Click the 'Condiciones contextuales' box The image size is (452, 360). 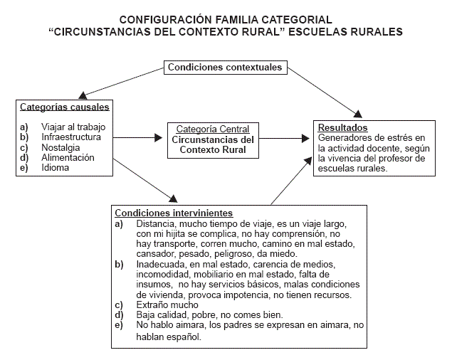(x=225, y=68)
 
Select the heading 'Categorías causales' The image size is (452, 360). (x=65, y=107)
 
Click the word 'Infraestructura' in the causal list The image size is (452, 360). (x=71, y=137)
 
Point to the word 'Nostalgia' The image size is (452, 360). (x=61, y=147)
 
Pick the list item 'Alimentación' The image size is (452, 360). (x=68, y=157)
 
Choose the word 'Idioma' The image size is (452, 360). (x=56, y=168)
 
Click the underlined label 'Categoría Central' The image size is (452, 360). (x=213, y=129)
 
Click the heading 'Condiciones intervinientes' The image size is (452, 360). (x=174, y=213)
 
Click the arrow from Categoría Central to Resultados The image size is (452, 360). (x=285, y=138)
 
